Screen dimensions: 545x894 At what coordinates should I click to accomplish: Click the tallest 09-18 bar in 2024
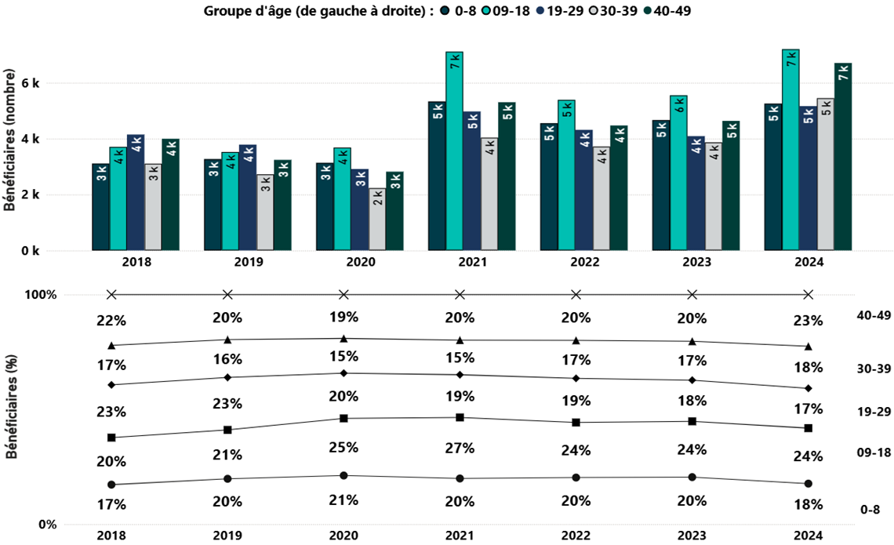coord(790,150)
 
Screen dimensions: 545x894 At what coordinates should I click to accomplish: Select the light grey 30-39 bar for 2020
coord(378,220)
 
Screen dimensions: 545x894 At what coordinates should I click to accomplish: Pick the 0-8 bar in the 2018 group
coord(100,207)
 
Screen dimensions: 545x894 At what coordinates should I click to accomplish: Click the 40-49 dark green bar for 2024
coord(843,157)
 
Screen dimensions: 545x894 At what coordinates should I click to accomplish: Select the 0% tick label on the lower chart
coord(47,525)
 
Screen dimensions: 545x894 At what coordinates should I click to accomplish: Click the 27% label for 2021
coord(460,449)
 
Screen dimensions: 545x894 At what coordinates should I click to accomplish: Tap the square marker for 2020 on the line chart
coord(343,419)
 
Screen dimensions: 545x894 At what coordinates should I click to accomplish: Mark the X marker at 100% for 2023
coord(692,295)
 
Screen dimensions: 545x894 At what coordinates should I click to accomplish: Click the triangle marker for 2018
coord(111,345)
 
